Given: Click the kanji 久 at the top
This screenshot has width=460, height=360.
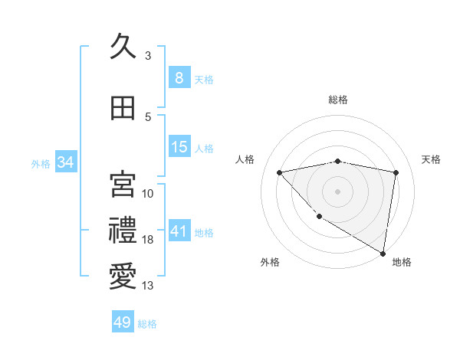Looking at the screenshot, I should [x=123, y=47].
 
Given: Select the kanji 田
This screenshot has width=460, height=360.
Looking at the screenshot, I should [x=123, y=108].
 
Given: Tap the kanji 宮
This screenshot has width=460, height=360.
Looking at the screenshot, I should [x=123, y=184].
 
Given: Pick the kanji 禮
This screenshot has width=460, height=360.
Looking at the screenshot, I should [x=123, y=231].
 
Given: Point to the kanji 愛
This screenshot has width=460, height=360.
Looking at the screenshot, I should [x=123, y=277].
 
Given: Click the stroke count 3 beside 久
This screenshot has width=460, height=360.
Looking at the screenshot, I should [x=148, y=56].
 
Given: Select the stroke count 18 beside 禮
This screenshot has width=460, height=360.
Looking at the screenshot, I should [x=148, y=240].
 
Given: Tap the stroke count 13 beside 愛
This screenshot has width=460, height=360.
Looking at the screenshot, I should [x=148, y=286].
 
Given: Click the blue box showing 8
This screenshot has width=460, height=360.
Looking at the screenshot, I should [x=179, y=77].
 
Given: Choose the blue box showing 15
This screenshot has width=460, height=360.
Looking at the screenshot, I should [x=179, y=147].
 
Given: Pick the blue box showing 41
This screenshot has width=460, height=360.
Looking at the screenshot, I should [x=179, y=231].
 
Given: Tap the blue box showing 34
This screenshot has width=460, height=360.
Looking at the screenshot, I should [x=65, y=162].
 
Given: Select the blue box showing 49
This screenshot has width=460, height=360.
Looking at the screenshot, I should [x=122, y=322].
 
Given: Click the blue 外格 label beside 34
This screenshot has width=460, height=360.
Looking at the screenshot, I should [x=41, y=163].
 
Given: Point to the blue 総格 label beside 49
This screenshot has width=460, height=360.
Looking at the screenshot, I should [x=147, y=324].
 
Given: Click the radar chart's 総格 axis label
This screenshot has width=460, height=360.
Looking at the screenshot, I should [x=338, y=100].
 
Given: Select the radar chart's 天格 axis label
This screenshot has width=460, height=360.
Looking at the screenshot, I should [x=432, y=159].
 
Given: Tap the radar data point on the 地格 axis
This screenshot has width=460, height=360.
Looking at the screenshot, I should [x=383, y=253].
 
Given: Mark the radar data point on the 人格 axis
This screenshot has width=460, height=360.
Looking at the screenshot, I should [x=280, y=172].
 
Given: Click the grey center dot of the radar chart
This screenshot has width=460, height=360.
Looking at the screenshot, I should [x=338, y=191].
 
